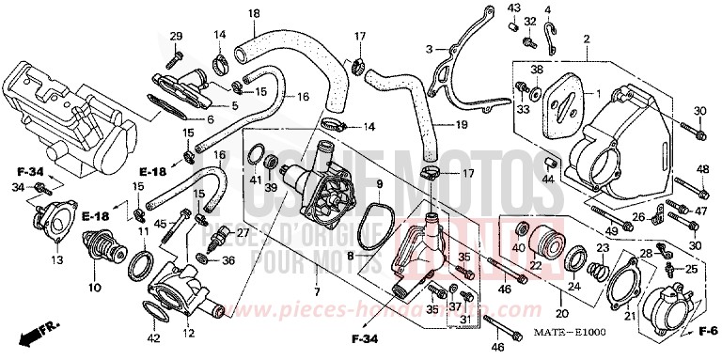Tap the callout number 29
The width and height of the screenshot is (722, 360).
tap(175, 36)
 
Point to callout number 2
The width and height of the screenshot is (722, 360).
tap(586, 39)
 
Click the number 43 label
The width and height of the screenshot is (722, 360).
tap(514, 8)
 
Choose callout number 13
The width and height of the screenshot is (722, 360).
tap(57, 259)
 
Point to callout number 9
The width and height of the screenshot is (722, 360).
tap(379, 183)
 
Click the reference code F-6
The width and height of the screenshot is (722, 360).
tap(708, 332)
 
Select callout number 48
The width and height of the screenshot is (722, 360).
tap(701, 169)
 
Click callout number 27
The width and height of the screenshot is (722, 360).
tap(243, 233)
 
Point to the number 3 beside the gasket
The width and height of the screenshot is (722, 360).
tap(428, 49)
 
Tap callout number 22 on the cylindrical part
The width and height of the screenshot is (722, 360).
tap(534, 266)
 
